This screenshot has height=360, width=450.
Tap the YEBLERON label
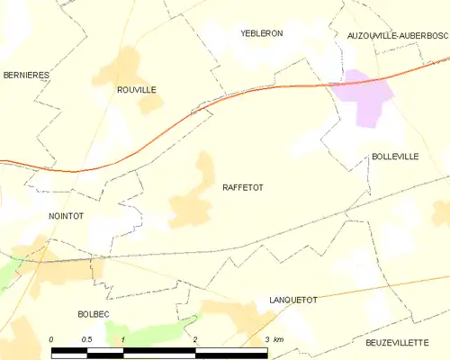(262, 33)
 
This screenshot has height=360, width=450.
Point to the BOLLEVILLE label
(395, 157)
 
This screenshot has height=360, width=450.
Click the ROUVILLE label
(137, 90)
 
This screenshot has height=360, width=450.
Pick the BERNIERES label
(24, 75)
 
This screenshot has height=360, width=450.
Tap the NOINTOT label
(66, 217)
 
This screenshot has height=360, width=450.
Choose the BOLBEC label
(94, 314)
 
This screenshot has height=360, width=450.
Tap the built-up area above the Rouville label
(127, 65)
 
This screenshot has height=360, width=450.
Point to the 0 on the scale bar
(52, 339)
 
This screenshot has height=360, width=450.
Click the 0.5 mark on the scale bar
(86, 339)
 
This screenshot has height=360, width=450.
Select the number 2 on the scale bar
(194, 339)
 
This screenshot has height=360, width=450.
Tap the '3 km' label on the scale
(274, 339)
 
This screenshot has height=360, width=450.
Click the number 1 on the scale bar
(122, 339)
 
